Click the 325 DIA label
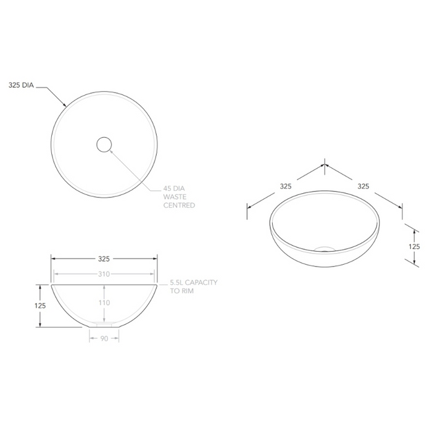click(x=22, y=86)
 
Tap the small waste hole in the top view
click(x=104, y=144)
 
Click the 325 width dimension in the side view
click(x=104, y=259)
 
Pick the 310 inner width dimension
click(x=104, y=274)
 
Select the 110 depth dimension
click(x=104, y=303)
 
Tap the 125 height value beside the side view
click(x=40, y=305)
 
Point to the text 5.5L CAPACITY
click(x=194, y=282)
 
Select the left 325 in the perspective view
click(x=285, y=185)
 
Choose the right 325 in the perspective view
click(x=363, y=185)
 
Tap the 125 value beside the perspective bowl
click(x=414, y=246)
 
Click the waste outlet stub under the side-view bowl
click(x=104, y=323)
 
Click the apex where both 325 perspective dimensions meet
click(x=325, y=165)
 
